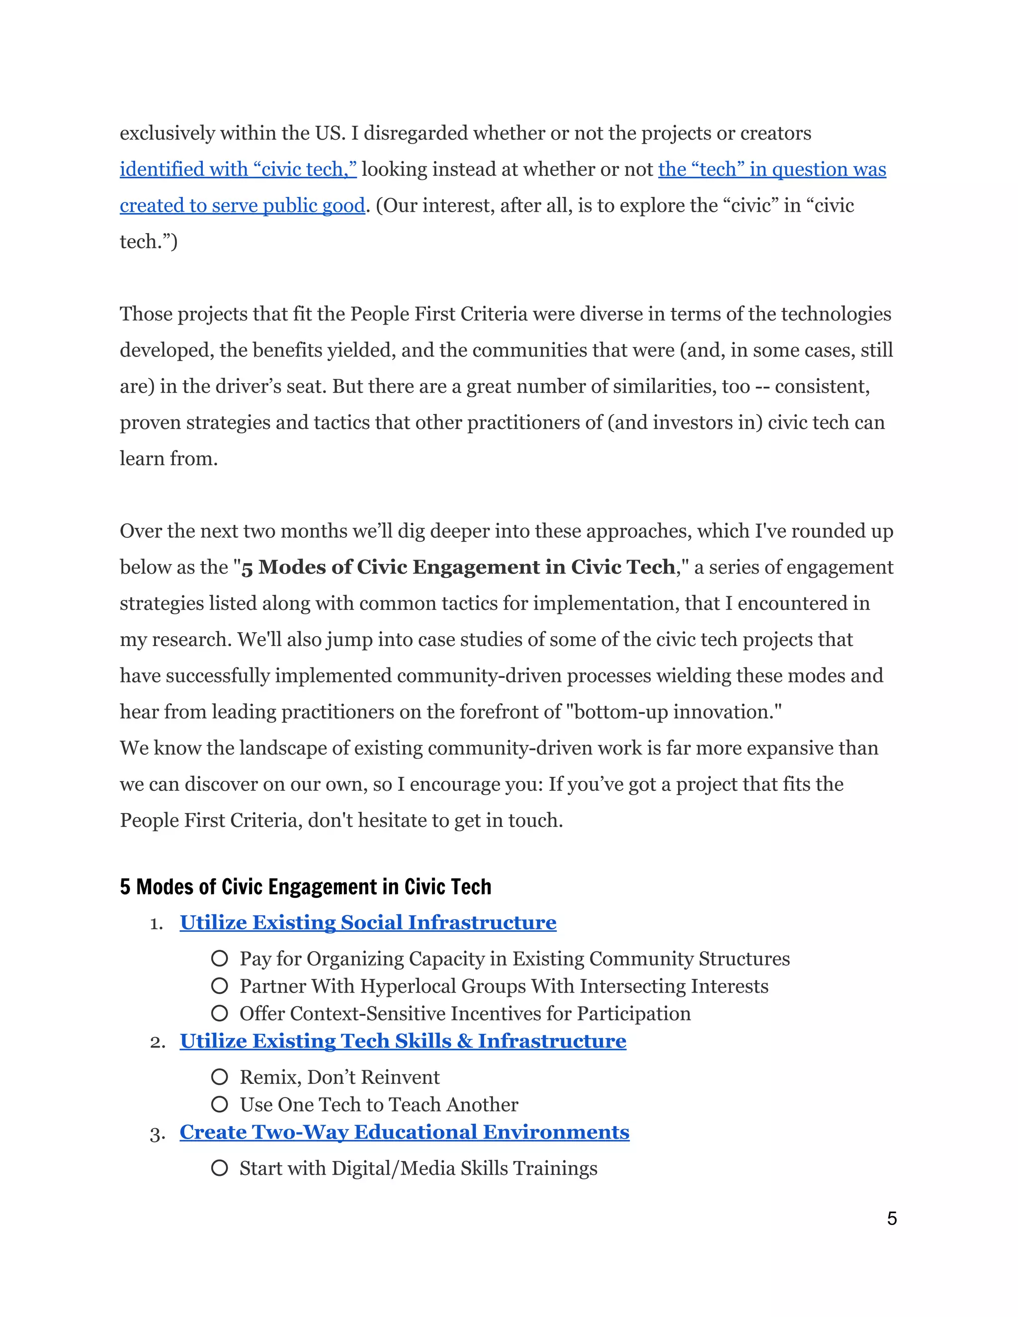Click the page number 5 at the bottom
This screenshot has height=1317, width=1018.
[891, 1218]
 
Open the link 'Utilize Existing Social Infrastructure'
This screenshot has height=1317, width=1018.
[368, 922]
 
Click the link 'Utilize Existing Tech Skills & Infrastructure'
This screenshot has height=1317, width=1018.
[403, 1041]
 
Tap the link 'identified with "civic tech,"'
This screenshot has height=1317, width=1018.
[238, 169]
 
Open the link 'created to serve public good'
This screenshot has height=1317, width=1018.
[242, 206]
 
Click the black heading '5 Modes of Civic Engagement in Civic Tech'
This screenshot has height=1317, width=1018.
[305, 887]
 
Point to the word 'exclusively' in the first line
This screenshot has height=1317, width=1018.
[167, 133]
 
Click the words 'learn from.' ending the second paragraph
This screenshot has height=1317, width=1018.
[169, 459]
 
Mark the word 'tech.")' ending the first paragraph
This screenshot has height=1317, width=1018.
[148, 242]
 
